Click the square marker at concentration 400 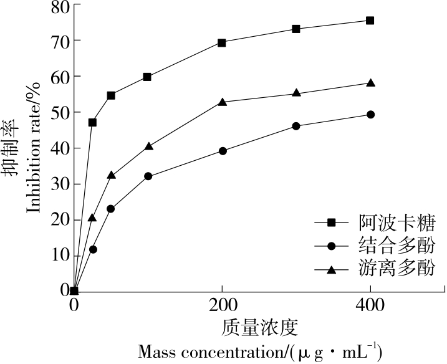click(x=370, y=21)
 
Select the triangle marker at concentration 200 click(x=222, y=102)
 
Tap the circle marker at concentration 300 click(x=296, y=126)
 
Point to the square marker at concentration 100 click(x=147, y=77)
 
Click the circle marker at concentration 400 click(x=370, y=115)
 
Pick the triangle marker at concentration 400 click(x=370, y=83)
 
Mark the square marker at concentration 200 click(x=222, y=43)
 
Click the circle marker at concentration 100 click(x=148, y=176)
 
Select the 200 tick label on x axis click(x=222, y=305)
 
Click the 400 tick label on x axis click(x=370, y=305)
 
